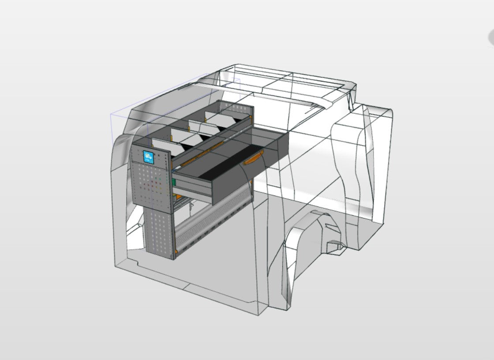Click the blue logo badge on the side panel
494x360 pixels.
click(x=149, y=157)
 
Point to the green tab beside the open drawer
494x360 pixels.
click(x=175, y=182)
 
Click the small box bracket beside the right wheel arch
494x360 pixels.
click(x=335, y=245)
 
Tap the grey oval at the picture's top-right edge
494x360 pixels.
click(x=490, y=38)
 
